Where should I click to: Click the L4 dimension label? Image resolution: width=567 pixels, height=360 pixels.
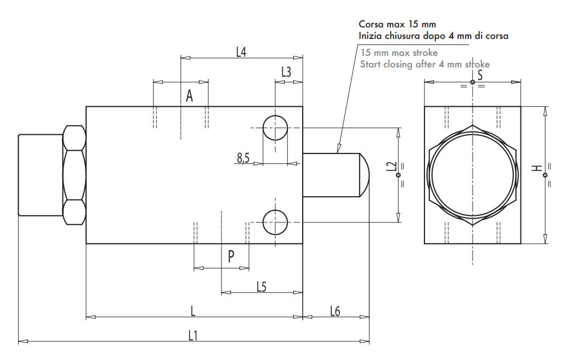(x=241, y=52)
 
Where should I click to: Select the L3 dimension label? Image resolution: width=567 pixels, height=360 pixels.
(x=286, y=72)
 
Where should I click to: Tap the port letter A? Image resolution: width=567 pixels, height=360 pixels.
(x=189, y=96)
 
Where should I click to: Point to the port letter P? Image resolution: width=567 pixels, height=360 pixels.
(x=231, y=256)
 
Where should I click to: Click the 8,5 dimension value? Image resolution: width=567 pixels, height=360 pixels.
(x=243, y=158)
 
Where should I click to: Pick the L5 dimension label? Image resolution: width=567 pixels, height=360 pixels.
(x=262, y=286)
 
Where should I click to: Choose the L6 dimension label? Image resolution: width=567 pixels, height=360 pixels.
(x=335, y=311)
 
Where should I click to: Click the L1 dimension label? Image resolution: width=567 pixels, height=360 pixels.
(x=192, y=335)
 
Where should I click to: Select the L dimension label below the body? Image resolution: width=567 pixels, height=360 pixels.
(x=193, y=311)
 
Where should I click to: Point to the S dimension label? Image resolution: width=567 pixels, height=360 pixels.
(x=480, y=75)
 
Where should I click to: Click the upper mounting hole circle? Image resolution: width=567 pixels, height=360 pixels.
(x=275, y=128)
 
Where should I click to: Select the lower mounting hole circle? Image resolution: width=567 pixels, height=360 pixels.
(x=275, y=222)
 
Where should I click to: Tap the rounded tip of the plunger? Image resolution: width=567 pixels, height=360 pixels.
(x=364, y=175)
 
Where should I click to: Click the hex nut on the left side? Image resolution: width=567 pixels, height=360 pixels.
(x=74, y=175)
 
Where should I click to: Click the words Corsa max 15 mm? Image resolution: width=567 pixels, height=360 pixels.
(x=397, y=25)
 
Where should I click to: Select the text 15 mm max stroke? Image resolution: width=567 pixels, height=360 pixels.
(x=399, y=53)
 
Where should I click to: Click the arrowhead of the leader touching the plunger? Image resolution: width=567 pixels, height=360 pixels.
(x=338, y=148)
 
